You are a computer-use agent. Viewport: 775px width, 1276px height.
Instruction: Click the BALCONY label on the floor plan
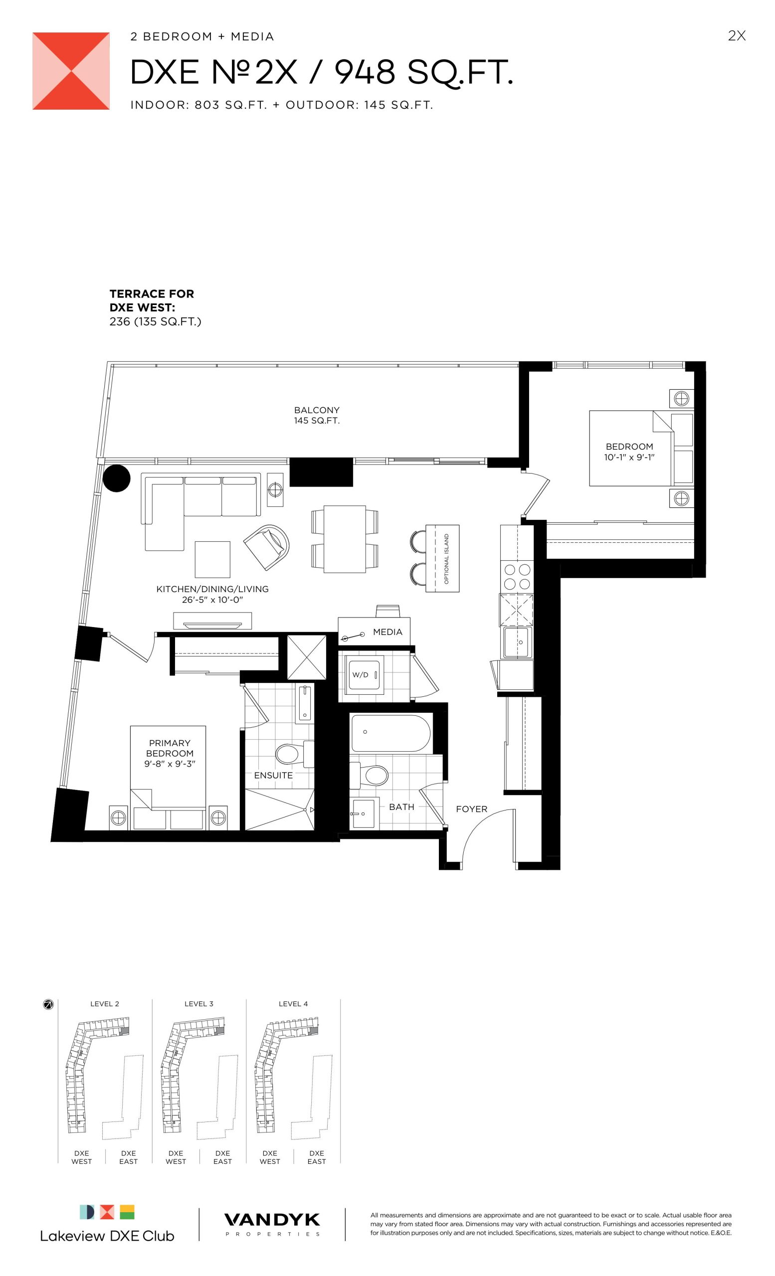pos(317,410)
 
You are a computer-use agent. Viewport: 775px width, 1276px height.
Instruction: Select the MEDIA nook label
pos(387,632)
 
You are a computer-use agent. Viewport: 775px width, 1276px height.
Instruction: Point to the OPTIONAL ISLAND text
pos(446,559)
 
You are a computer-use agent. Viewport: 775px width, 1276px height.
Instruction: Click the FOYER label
pos(471,809)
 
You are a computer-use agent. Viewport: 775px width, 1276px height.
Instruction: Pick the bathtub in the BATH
pos(390,733)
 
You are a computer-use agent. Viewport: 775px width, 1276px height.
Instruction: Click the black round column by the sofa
pos(117,478)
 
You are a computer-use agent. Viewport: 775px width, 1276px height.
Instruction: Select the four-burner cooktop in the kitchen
pos(517,576)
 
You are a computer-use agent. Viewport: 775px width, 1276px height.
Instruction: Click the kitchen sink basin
pos(517,642)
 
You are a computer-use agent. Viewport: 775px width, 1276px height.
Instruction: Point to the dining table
pos(345,539)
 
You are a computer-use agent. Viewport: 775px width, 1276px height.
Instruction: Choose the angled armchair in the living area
pos(266,547)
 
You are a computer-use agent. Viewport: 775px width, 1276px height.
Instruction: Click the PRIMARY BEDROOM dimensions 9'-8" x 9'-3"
pos(170,764)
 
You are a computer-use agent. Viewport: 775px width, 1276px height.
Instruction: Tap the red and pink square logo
pos(71,71)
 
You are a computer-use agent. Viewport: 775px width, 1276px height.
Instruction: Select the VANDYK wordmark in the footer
pos(272,1220)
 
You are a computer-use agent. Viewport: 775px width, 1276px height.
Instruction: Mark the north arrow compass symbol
pos(48,1005)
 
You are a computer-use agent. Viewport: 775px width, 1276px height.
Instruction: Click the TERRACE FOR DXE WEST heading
pos(152,301)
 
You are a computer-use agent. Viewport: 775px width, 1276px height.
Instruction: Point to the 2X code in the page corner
pos(737,36)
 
